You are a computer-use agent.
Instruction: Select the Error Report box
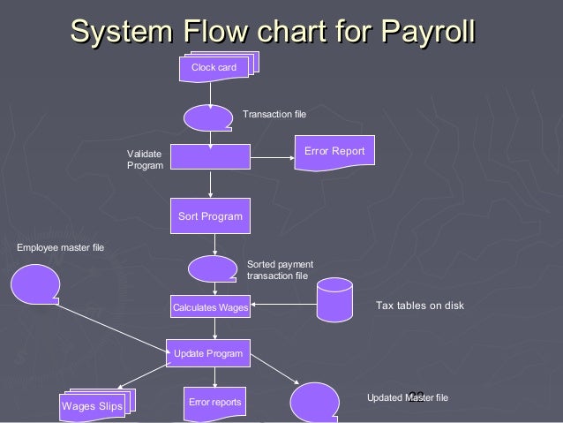click(x=334, y=152)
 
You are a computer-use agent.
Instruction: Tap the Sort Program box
click(x=210, y=215)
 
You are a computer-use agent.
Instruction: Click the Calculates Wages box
click(x=210, y=308)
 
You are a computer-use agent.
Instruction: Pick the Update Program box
click(x=208, y=353)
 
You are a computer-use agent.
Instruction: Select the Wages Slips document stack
click(x=92, y=404)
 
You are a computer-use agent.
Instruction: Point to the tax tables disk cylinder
click(x=334, y=298)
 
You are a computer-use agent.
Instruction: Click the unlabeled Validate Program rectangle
click(x=210, y=156)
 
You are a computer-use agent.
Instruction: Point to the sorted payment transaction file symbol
click(x=212, y=268)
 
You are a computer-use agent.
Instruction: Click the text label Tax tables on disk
click(x=419, y=306)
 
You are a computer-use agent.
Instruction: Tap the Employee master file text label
click(x=60, y=247)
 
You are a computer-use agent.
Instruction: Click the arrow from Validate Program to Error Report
click(x=272, y=158)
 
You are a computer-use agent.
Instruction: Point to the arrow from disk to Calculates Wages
click(x=282, y=306)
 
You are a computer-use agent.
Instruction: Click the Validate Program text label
click(x=145, y=160)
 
